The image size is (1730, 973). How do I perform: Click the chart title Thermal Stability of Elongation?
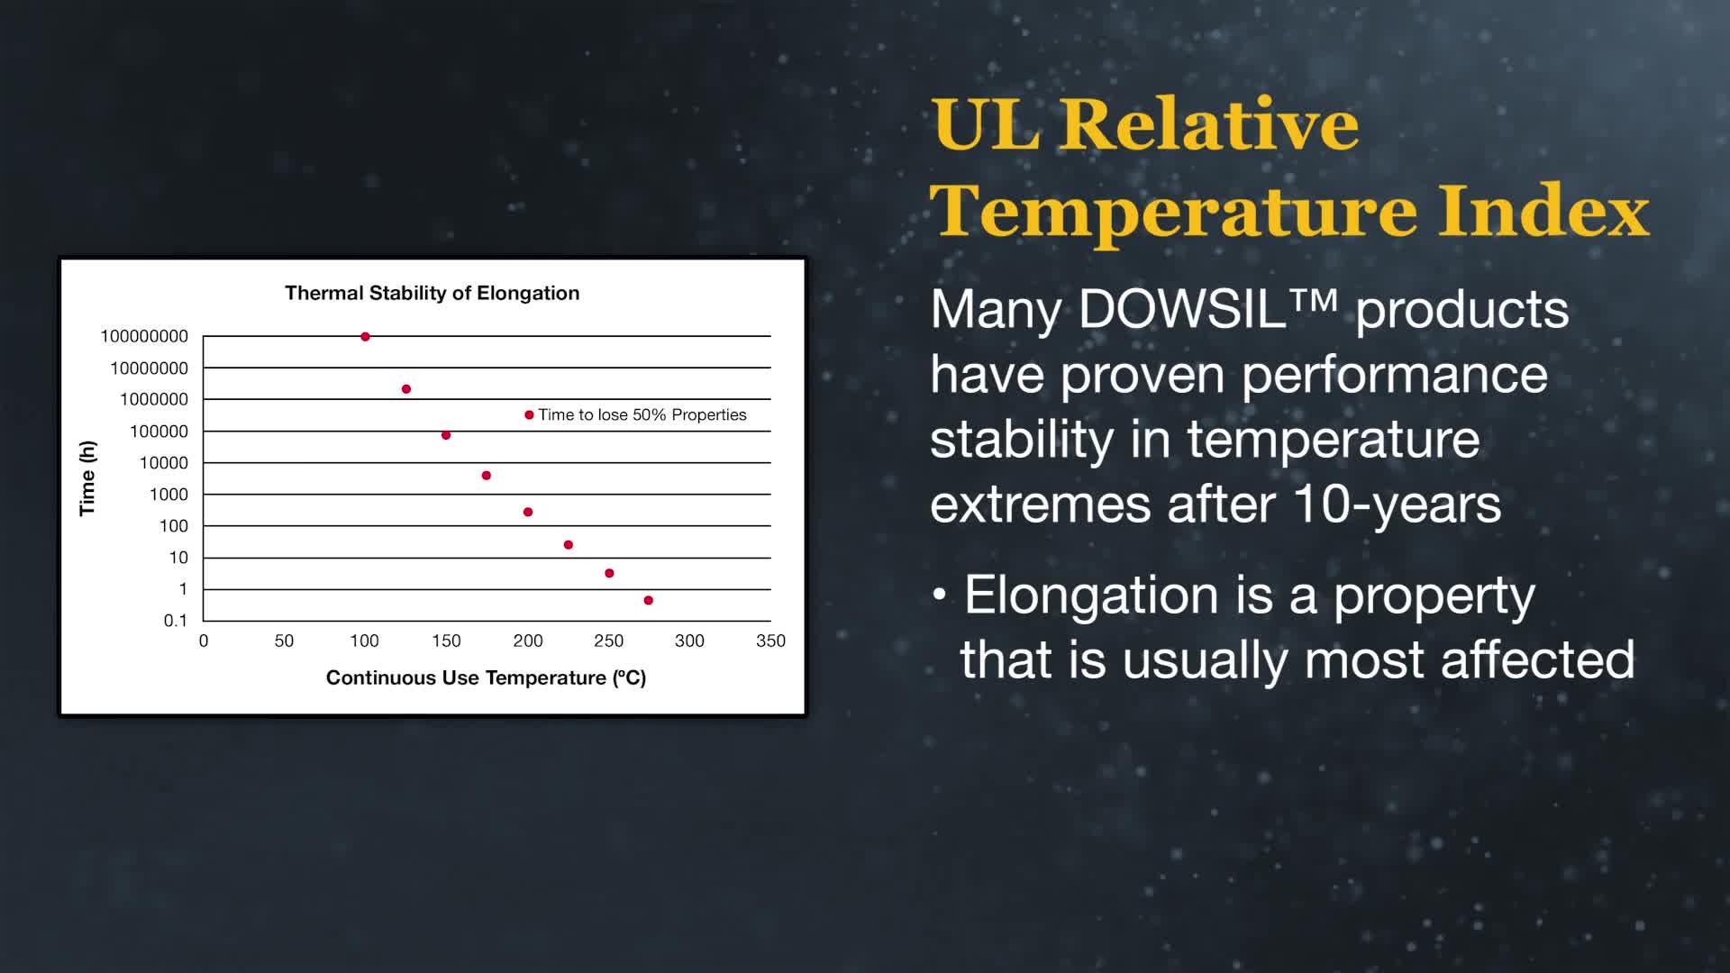(432, 293)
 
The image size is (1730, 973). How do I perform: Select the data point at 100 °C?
(365, 337)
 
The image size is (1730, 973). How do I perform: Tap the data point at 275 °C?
(649, 600)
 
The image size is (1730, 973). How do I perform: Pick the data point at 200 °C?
(528, 512)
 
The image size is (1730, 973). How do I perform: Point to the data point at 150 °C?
(446, 435)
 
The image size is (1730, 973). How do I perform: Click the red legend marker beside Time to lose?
(529, 415)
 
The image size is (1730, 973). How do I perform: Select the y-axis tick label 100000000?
(144, 336)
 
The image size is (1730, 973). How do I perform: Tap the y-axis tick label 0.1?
(176, 621)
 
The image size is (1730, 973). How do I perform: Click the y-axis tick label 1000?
(168, 495)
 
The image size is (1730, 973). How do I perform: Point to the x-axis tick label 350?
(770, 641)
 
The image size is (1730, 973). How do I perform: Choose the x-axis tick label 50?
(284, 641)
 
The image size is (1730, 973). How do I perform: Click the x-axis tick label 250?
(608, 641)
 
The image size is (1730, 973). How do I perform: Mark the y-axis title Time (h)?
(87, 478)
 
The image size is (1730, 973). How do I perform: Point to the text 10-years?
(1398, 504)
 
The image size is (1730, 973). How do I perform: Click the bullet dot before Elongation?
(940, 596)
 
